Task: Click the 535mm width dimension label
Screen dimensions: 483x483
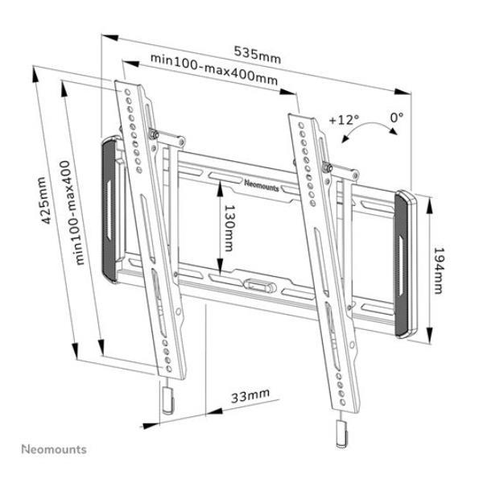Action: (x=258, y=55)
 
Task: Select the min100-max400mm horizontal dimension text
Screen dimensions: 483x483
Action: (x=214, y=70)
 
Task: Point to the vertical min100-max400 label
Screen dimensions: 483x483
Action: (x=73, y=213)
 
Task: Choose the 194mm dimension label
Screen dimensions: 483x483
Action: (x=439, y=270)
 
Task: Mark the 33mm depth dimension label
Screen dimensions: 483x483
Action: (x=250, y=395)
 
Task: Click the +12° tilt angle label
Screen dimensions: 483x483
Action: (x=344, y=119)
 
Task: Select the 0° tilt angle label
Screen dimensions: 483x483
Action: (x=397, y=117)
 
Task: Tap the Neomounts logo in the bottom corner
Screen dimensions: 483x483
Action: (x=54, y=449)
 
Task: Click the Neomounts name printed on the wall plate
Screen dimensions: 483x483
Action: (x=262, y=186)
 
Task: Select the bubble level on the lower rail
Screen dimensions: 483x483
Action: (x=260, y=286)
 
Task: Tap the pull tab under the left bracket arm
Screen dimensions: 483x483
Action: (x=168, y=399)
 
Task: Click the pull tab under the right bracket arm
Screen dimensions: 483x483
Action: (x=341, y=434)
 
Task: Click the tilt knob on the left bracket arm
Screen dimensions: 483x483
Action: (x=154, y=134)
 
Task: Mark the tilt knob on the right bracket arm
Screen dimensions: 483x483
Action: (x=327, y=167)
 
